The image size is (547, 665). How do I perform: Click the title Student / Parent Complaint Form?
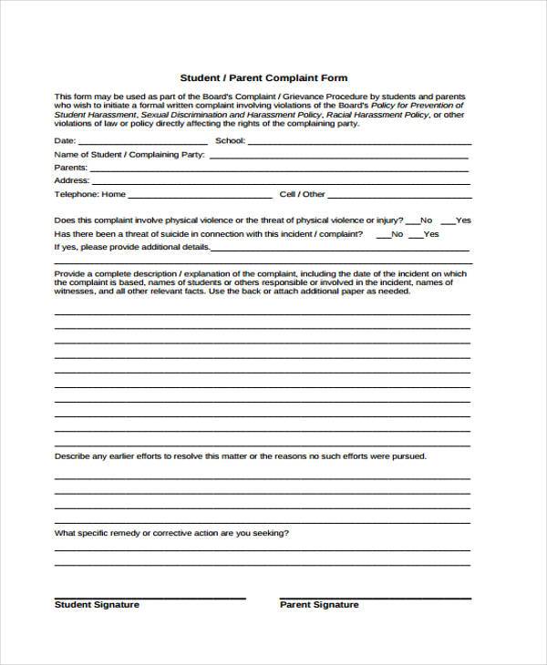[x=263, y=78]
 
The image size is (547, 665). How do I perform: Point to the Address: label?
[x=72, y=181]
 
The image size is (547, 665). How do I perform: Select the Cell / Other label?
[x=302, y=195]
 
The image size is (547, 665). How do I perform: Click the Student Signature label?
[x=97, y=605]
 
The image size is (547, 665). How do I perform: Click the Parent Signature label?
[x=319, y=605]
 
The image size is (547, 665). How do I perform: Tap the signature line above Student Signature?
[x=150, y=598]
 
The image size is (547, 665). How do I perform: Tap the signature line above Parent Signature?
[x=374, y=598]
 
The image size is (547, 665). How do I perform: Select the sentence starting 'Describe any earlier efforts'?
[x=240, y=456]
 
